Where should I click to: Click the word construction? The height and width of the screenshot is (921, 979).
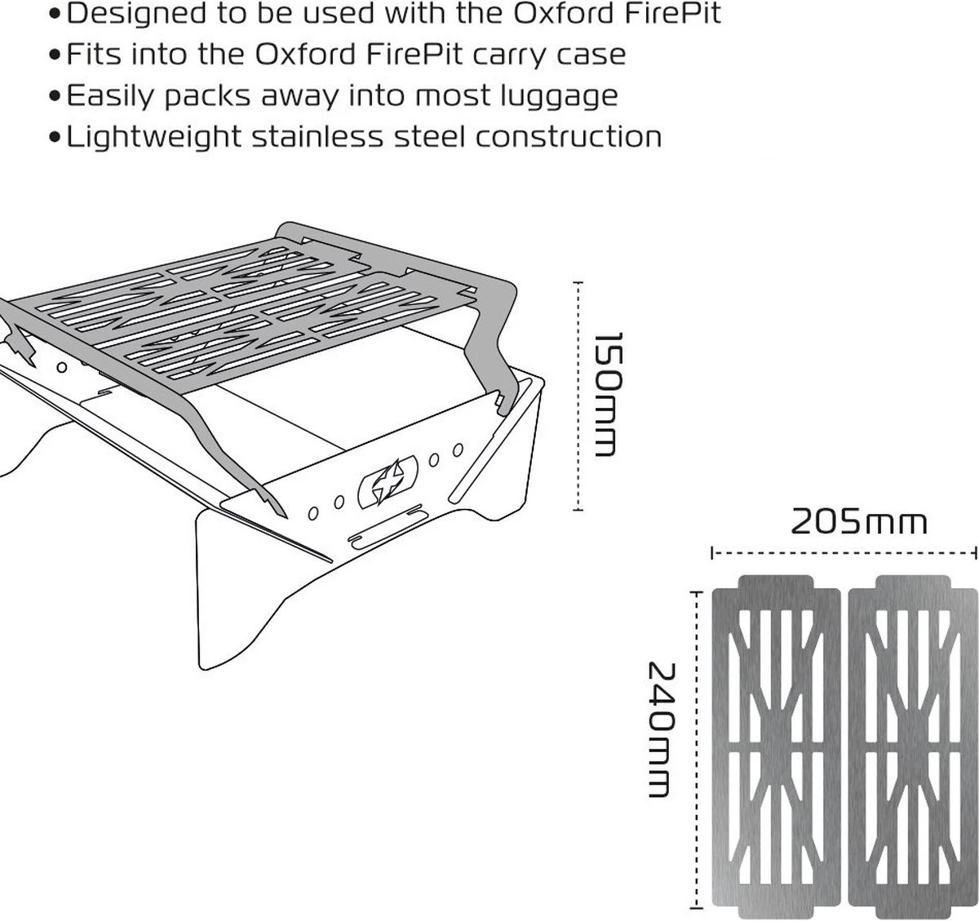[569, 136]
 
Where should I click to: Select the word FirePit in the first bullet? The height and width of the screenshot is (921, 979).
[673, 14]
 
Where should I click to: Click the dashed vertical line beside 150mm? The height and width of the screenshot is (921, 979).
[578, 396]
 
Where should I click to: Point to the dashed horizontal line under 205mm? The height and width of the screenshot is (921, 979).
[844, 553]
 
